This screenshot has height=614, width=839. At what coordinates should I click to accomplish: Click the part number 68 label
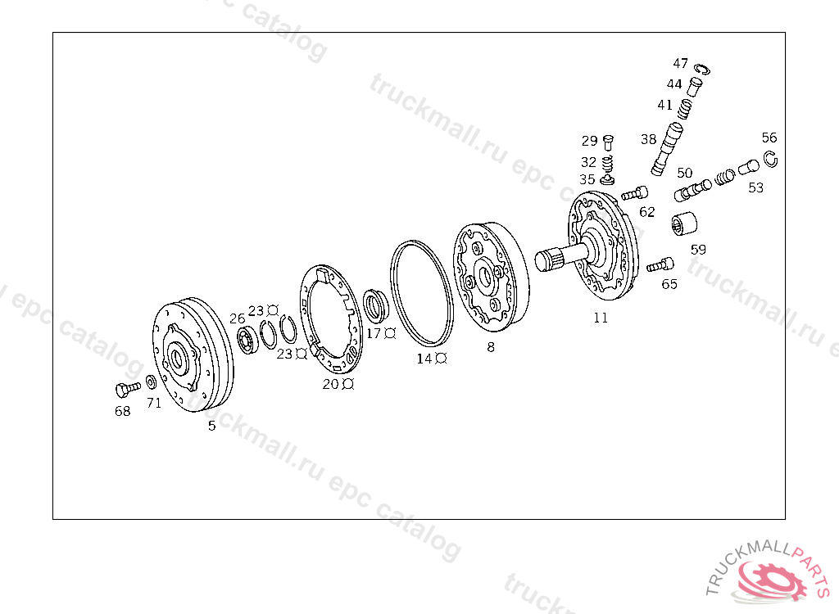pyautogui.click(x=123, y=411)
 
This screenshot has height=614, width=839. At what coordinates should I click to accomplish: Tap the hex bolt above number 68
pyautogui.click(x=127, y=389)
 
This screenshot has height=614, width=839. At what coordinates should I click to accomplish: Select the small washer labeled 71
pyautogui.click(x=152, y=381)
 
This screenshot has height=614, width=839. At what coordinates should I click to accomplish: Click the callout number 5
pyautogui.click(x=212, y=426)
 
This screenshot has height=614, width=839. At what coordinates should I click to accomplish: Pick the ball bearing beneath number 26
pyautogui.click(x=247, y=341)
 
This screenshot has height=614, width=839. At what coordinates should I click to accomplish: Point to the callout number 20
pyautogui.click(x=330, y=384)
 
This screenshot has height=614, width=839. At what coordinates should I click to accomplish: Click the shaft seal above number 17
pyautogui.click(x=374, y=305)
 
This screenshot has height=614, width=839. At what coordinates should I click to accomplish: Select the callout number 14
pyautogui.click(x=424, y=359)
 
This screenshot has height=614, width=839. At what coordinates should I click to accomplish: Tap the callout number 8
pyautogui.click(x=491, y=347)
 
